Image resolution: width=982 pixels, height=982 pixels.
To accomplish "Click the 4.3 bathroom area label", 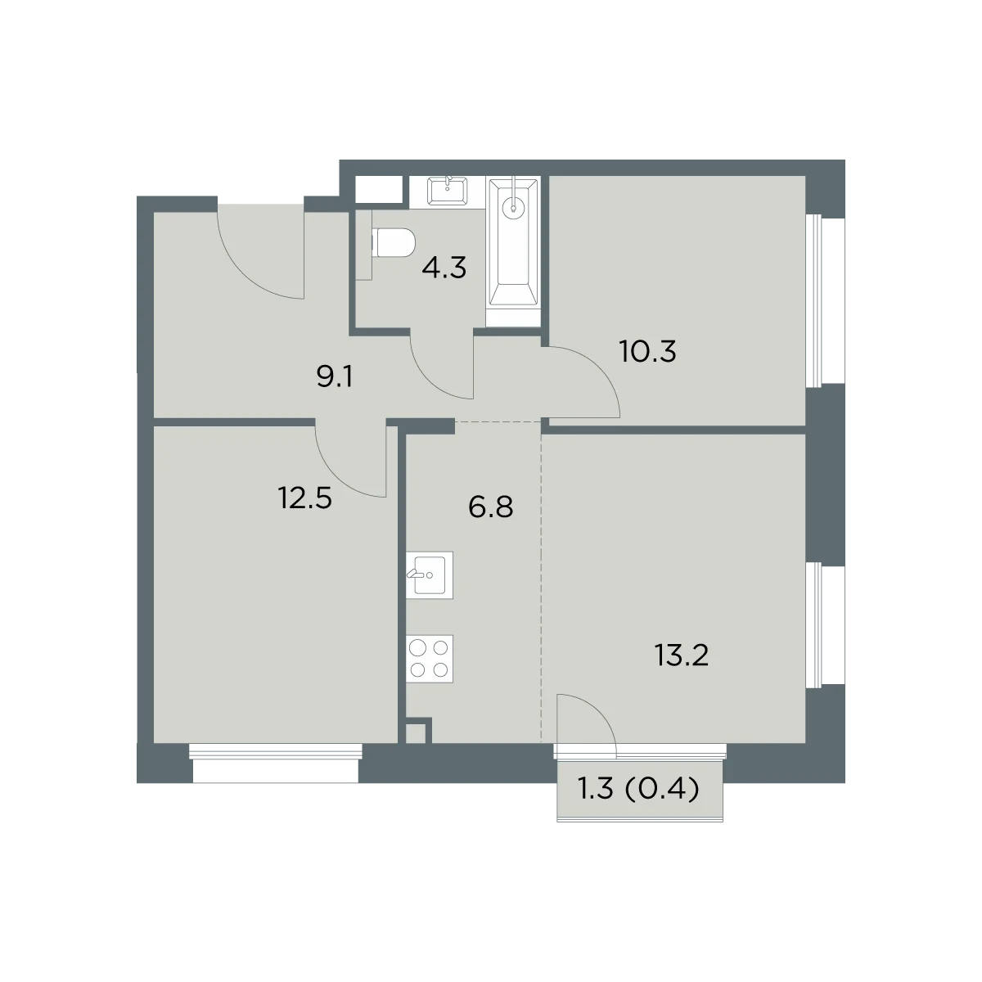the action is tap(444, 268).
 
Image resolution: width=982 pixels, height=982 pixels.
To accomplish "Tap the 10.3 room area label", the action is tap(647, 351).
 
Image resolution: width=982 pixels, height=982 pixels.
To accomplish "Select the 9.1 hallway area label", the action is tap(335, 377).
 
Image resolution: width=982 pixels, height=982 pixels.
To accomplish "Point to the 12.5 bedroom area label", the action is tap(304, 498).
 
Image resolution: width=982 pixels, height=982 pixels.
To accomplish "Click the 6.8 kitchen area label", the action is tap(490, 507).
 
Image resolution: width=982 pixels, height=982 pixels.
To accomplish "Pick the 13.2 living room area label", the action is tap(682, 655).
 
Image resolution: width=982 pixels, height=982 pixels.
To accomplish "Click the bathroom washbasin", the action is tap(447, 191).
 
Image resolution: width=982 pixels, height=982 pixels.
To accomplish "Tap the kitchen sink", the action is tap(430, 574).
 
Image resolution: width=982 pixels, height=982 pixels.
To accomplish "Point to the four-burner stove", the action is tap(430, 659).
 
